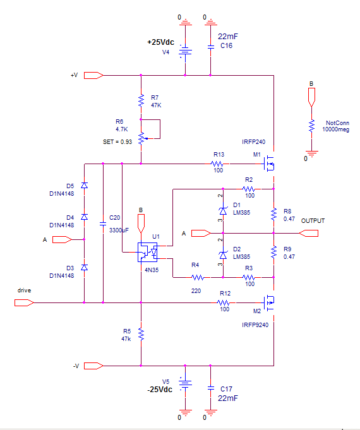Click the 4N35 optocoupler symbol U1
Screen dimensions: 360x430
click(148, 252)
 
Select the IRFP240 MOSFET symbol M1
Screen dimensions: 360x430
click(269, 164)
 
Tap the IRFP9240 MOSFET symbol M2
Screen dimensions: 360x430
click(269, 302)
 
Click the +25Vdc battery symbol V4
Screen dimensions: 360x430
click(185, 51)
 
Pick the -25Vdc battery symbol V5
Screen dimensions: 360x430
click(185, 383)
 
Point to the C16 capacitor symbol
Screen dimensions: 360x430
click(210, 47)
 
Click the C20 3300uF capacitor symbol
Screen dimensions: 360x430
click(103, 224)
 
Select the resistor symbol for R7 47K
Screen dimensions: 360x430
click(141, 100)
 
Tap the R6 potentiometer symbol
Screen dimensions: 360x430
click(141, 138)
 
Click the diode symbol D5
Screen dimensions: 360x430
click(84, 186)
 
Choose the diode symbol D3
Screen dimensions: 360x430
click(84, 267)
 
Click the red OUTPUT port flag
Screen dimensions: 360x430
click(308, 234)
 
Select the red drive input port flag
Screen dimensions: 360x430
click(24, 302)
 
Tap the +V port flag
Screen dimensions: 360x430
click(93, 75)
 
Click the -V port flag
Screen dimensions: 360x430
click(93, 366)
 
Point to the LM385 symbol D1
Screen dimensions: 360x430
click(223, 211)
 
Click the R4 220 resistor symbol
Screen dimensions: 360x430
click(198, 278)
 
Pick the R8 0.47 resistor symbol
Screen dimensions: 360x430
click(273, 214)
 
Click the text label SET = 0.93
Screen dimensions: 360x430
click(117, 142)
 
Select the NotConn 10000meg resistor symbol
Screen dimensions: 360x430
click(311, 126)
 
